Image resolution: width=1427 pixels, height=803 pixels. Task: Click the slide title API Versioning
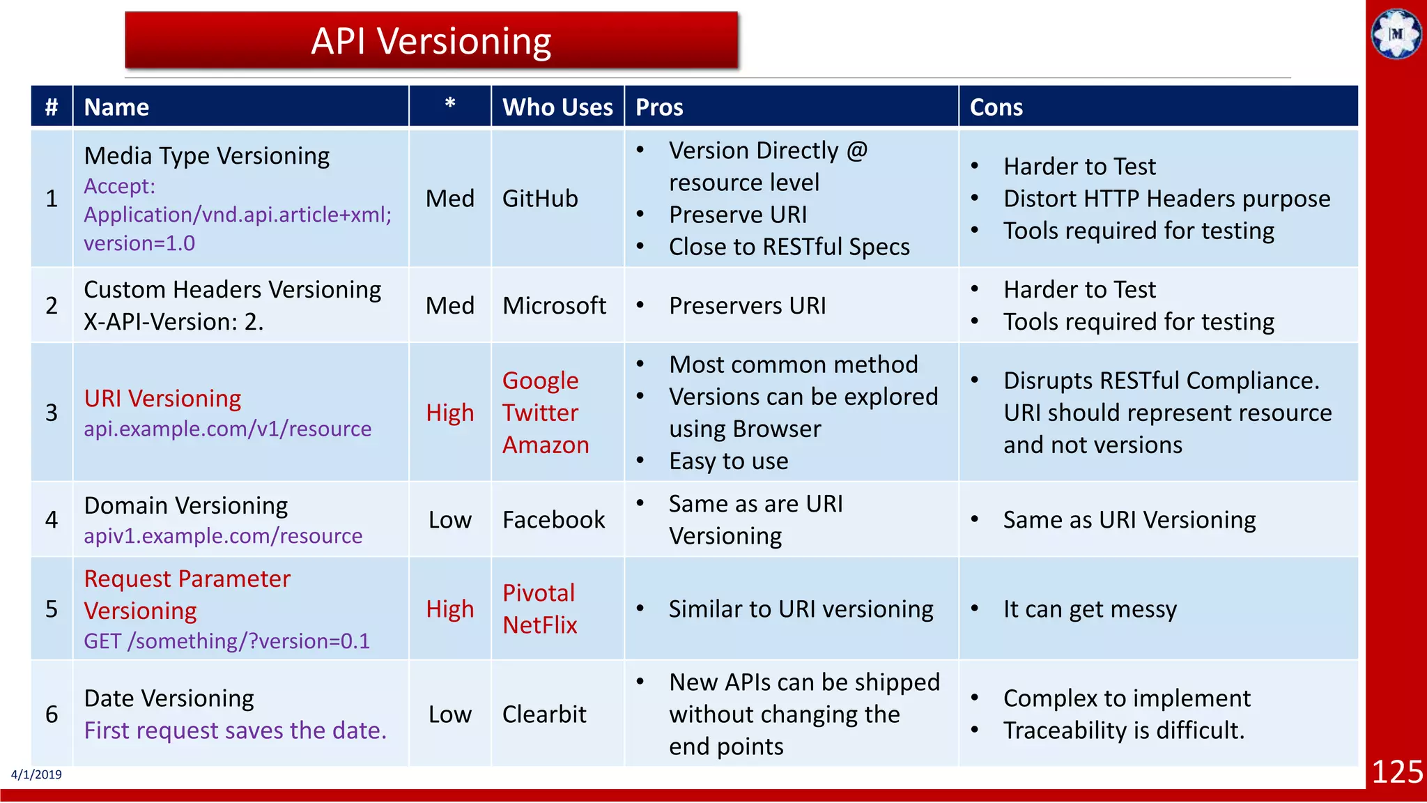(x=431, y=41)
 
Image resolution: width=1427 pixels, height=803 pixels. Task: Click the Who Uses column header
(x=557, y=107)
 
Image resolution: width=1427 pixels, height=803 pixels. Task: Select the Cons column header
(x=996, y=107)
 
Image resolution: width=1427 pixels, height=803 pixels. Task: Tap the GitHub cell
(x=540, y=199)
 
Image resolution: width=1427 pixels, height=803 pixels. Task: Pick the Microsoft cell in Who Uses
(x=554, y=306)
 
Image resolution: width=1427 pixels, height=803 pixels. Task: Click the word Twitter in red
(x=540, y=413)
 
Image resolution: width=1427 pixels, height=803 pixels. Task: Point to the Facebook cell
(x=553, y=520)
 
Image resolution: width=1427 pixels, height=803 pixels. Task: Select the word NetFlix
(x=539, y=625)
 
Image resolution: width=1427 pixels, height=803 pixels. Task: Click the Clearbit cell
(x=544, y=714)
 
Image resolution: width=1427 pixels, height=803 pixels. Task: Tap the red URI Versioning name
(x=162, y=399)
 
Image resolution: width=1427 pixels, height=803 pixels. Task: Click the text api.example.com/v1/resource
(x=227, y=429)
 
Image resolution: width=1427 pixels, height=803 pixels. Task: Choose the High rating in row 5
(x=449, y=609)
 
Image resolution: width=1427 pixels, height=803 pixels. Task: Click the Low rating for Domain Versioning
(x=449, y=520)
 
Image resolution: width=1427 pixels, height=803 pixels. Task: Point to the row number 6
(x=52, y=714)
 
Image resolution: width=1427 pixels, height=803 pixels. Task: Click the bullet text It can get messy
(x=1089, y=609)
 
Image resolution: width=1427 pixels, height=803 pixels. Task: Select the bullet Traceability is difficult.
(x=1123, y=731)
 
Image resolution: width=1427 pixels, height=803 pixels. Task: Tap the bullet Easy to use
(x=728, y=461)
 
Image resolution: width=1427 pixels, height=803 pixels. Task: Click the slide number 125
(x=1396, y=772)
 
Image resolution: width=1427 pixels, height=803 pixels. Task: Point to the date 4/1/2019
(x=36, y=774)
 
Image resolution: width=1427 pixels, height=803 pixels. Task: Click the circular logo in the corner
(x=1396, y=33)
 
